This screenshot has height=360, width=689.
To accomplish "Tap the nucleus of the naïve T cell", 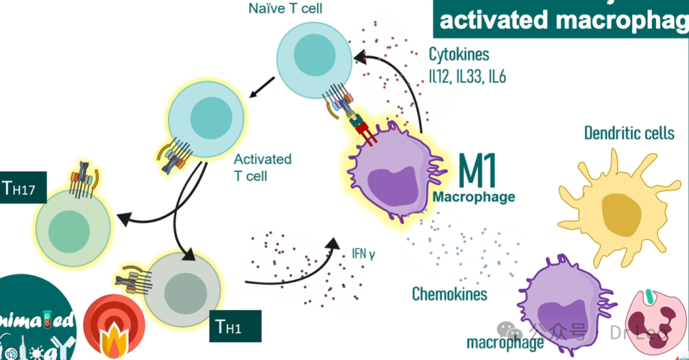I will (x=313, y=58).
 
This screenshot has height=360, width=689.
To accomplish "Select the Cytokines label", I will (x=459, y=54).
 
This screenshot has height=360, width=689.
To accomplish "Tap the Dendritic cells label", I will (x=629, y=133).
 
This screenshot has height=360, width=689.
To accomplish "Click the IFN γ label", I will (x=363, y=253).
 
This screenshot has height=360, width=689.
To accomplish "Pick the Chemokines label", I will (x=450, y=294).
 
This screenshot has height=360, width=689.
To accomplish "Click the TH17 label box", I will (x=23, y=187).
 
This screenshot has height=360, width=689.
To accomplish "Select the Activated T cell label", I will (x=262, y=167).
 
